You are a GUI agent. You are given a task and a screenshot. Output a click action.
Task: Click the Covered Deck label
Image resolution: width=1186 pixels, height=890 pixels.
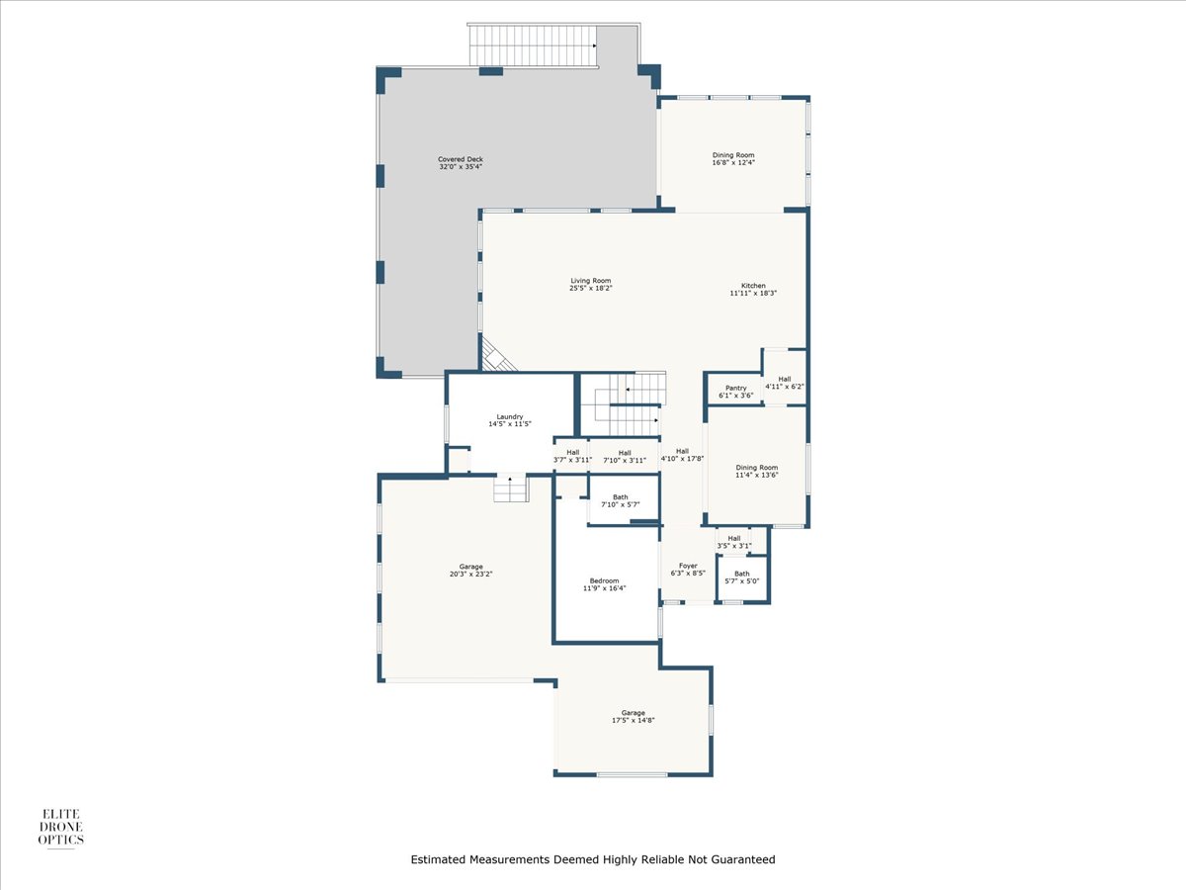coord(461,159)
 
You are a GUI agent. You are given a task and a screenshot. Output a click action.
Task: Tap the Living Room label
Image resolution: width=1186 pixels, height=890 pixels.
coord(591,281)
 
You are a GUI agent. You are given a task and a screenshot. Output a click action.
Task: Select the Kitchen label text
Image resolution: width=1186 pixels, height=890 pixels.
coord(753,286)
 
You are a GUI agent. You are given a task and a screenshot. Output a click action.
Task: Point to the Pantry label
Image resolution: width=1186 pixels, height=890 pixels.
coord(736,388)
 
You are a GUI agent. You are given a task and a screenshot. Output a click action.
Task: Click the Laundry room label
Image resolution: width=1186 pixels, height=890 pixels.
coord(510,416)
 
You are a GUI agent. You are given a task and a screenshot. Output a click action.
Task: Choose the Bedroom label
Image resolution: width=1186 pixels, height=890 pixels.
coord(604,580)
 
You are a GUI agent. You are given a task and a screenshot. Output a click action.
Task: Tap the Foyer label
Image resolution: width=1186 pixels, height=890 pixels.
coord(688,566)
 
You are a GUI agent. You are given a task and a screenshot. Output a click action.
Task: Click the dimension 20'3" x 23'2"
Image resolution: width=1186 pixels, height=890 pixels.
coord(470,574)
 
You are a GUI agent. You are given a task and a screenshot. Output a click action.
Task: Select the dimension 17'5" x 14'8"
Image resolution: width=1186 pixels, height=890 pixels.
coord(634,720)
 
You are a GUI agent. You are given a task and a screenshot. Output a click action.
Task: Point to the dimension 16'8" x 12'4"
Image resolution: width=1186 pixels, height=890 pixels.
coord(733,162)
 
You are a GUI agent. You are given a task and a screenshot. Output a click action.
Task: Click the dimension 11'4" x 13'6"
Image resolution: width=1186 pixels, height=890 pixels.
coord(756,475)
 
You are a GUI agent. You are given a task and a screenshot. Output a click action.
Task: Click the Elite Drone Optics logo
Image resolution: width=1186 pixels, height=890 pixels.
coord(60,828)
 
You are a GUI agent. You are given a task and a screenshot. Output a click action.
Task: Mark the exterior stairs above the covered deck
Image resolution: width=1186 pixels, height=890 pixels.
coord(534,45)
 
